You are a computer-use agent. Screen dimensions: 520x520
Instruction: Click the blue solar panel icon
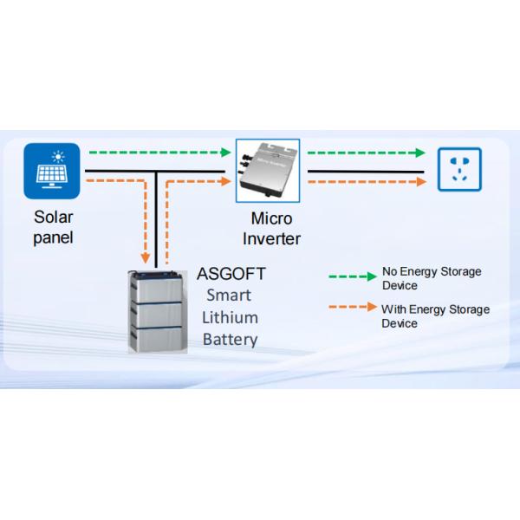pyautogui.click(x=52, y=171)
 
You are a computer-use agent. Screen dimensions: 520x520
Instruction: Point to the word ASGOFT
pyautogui.click(x=231, y=274)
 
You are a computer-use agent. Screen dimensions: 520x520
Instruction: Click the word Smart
pyautogui.click(x=229, y=295)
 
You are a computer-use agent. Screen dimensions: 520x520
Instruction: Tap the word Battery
pyautogui.click(x=230, y=339)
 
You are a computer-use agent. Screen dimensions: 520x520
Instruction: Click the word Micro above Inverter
pyautogui.click(x=272, y=218)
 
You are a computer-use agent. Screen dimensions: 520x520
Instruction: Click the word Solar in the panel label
pyautogui.click(x=53, y=217)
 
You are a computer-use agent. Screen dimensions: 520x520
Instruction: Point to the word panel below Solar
pyautogui.click(x=53, y=237)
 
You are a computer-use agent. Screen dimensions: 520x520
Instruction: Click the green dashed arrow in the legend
pyautogui.click(x=352, y=276)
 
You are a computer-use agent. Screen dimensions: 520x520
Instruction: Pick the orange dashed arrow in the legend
pyautogui.click(x=352, y=309)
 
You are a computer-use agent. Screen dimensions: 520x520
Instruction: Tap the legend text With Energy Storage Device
pyautogui.click(x=435, y=315)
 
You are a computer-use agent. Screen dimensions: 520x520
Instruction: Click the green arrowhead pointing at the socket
pyautogui.click(x=420, y=153)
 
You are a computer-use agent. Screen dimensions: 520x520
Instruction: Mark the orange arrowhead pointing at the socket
pyautogui.click(x=421, y=182)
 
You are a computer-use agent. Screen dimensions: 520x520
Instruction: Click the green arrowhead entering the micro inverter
pyautogui.click(x=228, y=153)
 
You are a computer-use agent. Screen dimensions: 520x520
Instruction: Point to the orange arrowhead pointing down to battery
pyautogui.click(x=144, y=259)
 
